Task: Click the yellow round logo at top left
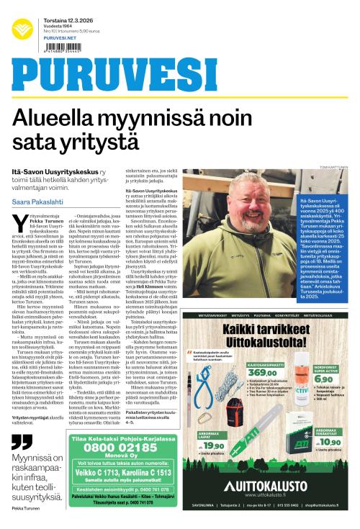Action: [x=22, y=28]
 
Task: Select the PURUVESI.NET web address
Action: [x=55, y=38]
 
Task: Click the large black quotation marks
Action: [x=22, y=442]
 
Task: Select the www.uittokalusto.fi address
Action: [x=267, y=494]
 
